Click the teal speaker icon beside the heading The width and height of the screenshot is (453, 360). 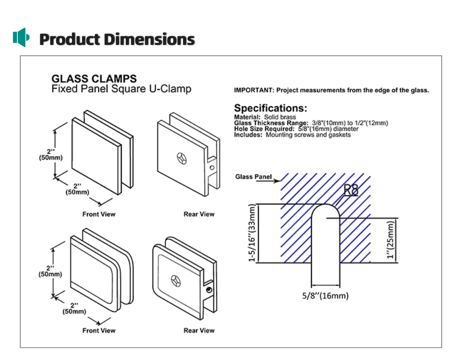(x=21, y=37)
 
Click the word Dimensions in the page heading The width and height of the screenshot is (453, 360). (x=153, y=39)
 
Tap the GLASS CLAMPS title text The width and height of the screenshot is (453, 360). (x=94, y=79)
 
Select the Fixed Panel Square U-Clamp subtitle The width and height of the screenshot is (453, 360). (x=121, y=89)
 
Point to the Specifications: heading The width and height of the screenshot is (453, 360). (x=270, y=108)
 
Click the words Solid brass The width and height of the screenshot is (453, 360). (x=280, y=117)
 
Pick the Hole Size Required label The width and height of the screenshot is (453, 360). (x=264, y=129)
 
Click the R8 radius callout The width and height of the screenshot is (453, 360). (x=351, y=190)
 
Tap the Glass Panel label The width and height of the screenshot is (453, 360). (x=253, y=177)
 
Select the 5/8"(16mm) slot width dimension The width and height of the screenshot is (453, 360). (x=325, y=296)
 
